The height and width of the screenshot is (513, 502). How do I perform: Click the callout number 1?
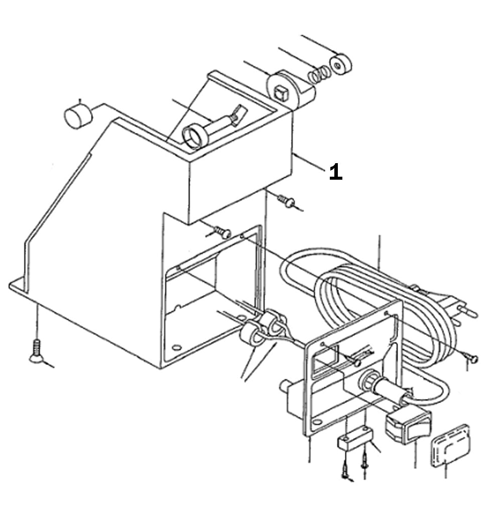click(336, 172)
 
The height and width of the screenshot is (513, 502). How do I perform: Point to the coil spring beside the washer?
click(319, 75)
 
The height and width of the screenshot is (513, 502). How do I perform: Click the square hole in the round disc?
click(281, 91)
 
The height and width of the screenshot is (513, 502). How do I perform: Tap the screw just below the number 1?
click(288, 202)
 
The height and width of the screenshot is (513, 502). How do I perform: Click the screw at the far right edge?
click(472, 358)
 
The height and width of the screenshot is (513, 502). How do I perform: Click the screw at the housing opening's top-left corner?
click(221, 232)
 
